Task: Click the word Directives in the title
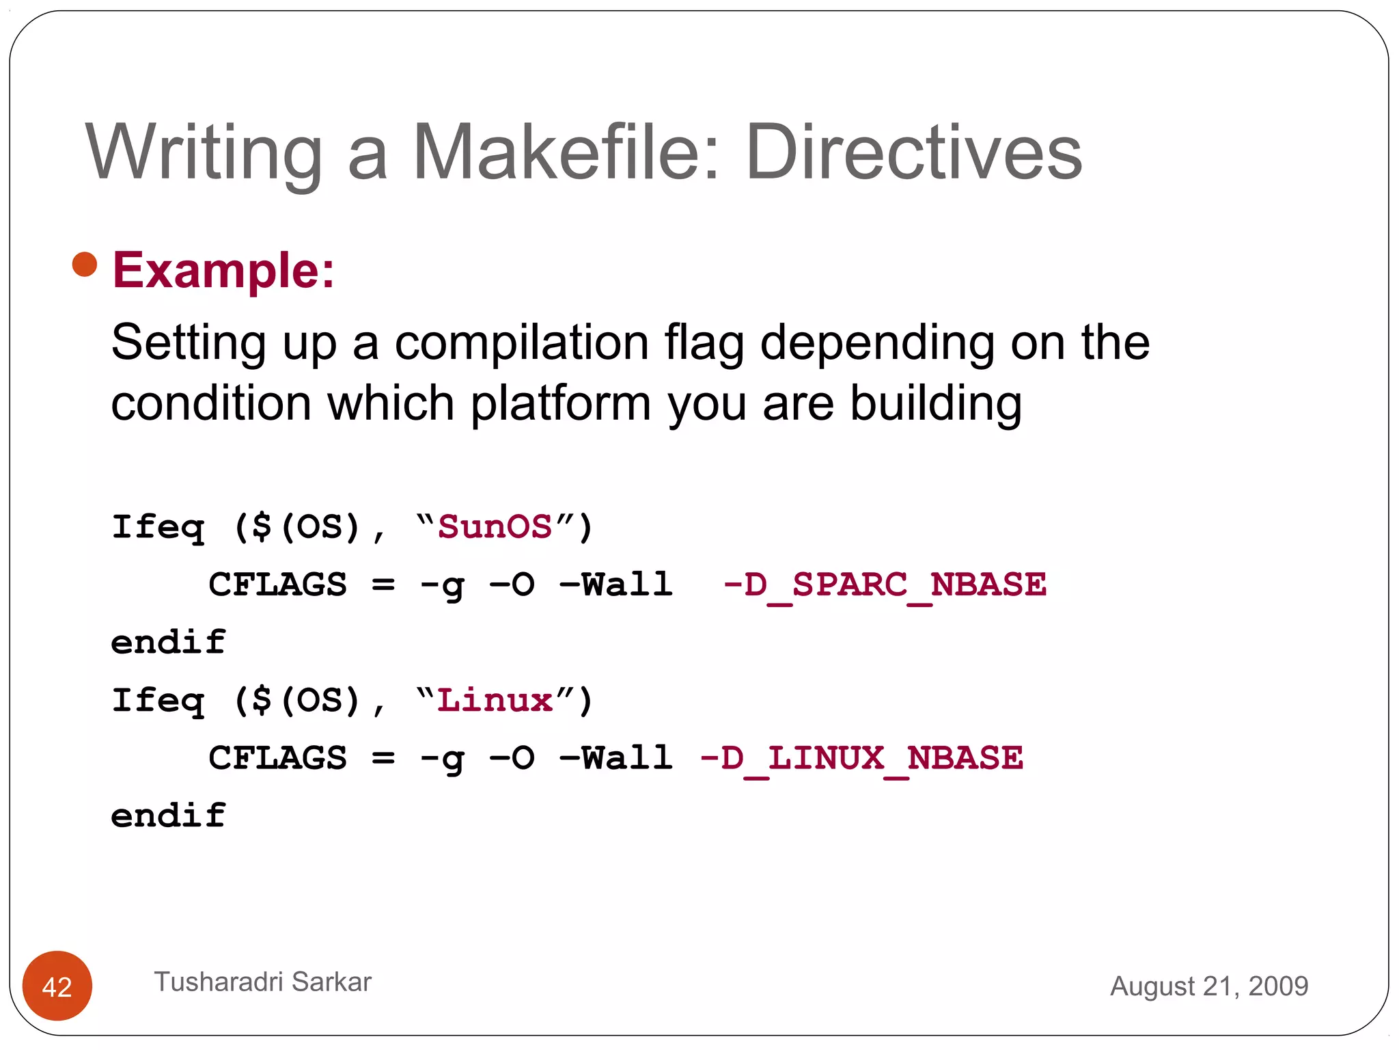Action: click(x=914, y=153)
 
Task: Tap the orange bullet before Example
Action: click(x=85, y=265)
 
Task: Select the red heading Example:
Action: click(x=223, y=271)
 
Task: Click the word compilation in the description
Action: click(x=522, y=343)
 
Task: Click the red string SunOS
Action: click(x=495, y=528)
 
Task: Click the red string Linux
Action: click(x=495, y=701)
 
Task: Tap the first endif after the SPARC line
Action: click(x=168, y=643)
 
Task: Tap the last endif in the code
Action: click(x=168, y=816)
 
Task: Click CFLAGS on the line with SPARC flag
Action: click(x=277, y=585)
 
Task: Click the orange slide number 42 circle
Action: click(x=57, y=986)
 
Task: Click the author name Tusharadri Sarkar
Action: click(x=262, y=982)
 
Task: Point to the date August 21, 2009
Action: click(x=1208, y=986)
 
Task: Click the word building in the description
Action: click(x=936, y=403)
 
